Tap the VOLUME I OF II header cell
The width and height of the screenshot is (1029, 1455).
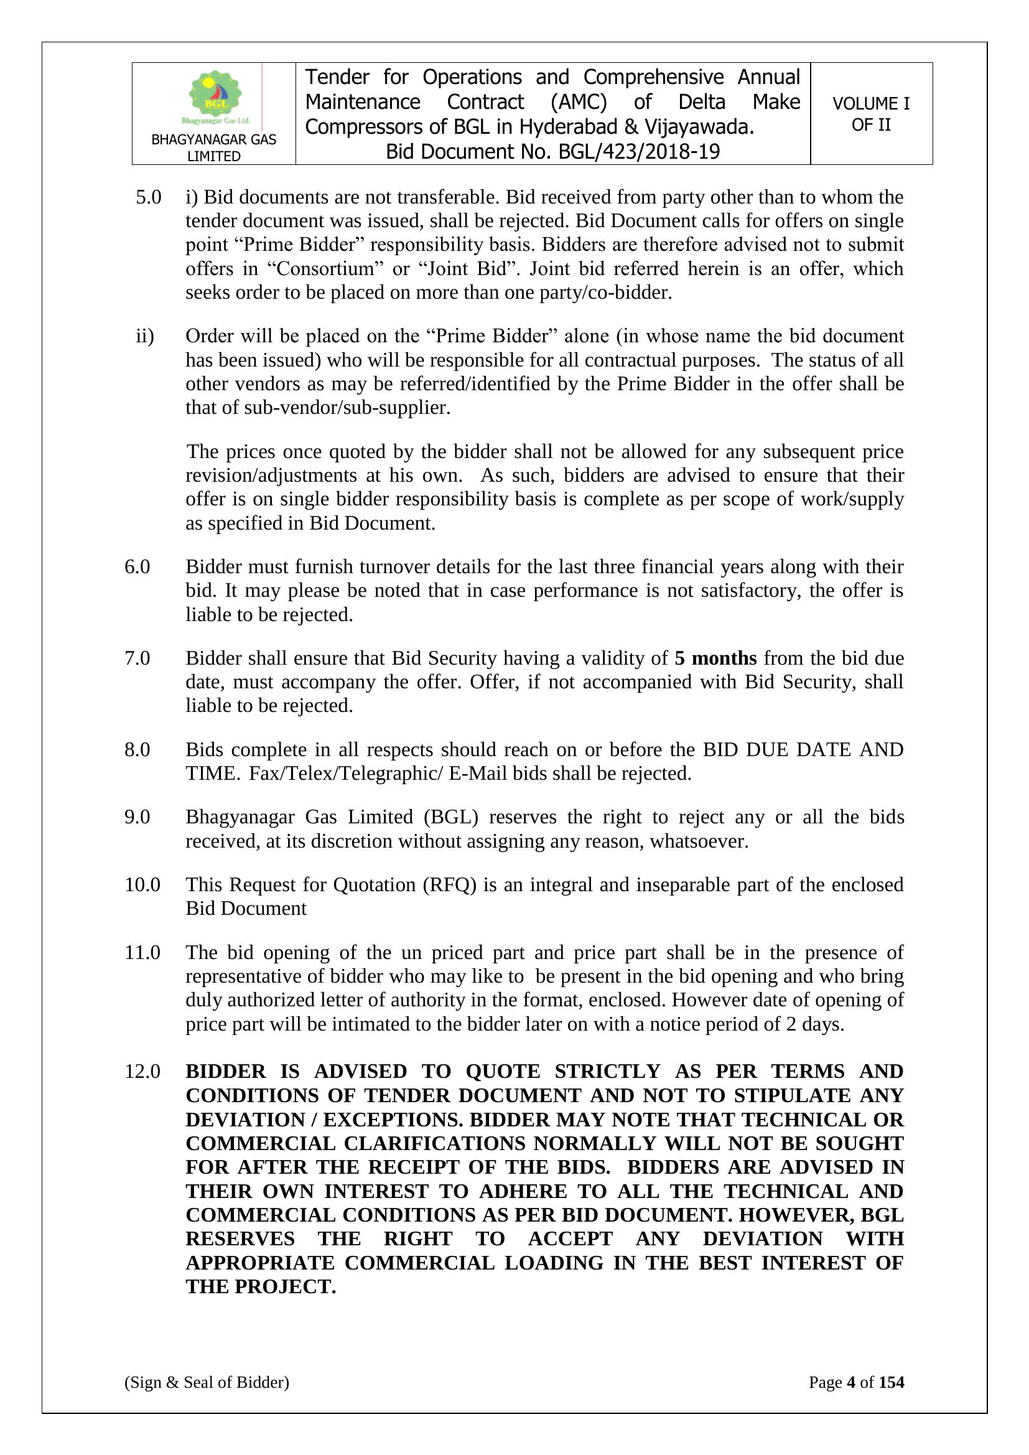[x=870, y=114]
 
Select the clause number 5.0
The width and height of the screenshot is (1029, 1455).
[x=148, y=198]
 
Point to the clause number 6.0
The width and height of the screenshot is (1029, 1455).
[x=137, y=566]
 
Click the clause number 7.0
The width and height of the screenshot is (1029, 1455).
[x=137, y=658]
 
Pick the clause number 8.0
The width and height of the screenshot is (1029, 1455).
[x=137, y=750]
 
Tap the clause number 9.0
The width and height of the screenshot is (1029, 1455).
[x=137, y=818]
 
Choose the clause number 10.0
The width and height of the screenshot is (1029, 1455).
[x=142, y=885]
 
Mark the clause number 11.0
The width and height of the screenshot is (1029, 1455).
[x=142, y=952]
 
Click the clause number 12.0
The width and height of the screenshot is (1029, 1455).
[x=142, y=1072]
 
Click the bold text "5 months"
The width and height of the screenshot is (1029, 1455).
[x=715, y=658]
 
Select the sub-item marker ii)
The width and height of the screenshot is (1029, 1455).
[x=145, y=337]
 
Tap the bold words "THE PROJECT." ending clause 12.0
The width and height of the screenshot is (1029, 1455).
[x=261, y=1287]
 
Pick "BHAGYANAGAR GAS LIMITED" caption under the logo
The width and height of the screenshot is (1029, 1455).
[x=213, y=147]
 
